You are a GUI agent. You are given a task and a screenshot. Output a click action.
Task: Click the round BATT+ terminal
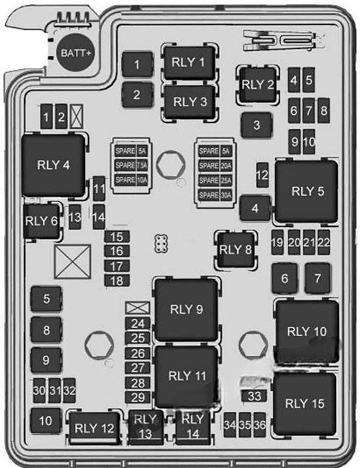coord(75,52)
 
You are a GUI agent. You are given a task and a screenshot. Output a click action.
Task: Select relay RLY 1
coord(190,63)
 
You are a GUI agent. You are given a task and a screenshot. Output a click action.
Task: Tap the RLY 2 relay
coord(258,84)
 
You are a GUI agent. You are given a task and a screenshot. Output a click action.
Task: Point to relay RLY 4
coord(54,165)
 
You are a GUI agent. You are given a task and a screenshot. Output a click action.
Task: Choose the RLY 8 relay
coord(236,249)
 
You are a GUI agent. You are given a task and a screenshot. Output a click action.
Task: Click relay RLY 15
coord(305,404)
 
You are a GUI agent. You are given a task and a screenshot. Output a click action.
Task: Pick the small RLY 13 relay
coord(146,427)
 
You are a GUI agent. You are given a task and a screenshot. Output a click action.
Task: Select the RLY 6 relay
coord(41,221)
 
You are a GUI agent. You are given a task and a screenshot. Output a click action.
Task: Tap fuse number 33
coord(254,396)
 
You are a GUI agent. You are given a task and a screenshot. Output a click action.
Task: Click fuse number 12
coord(262,175)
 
